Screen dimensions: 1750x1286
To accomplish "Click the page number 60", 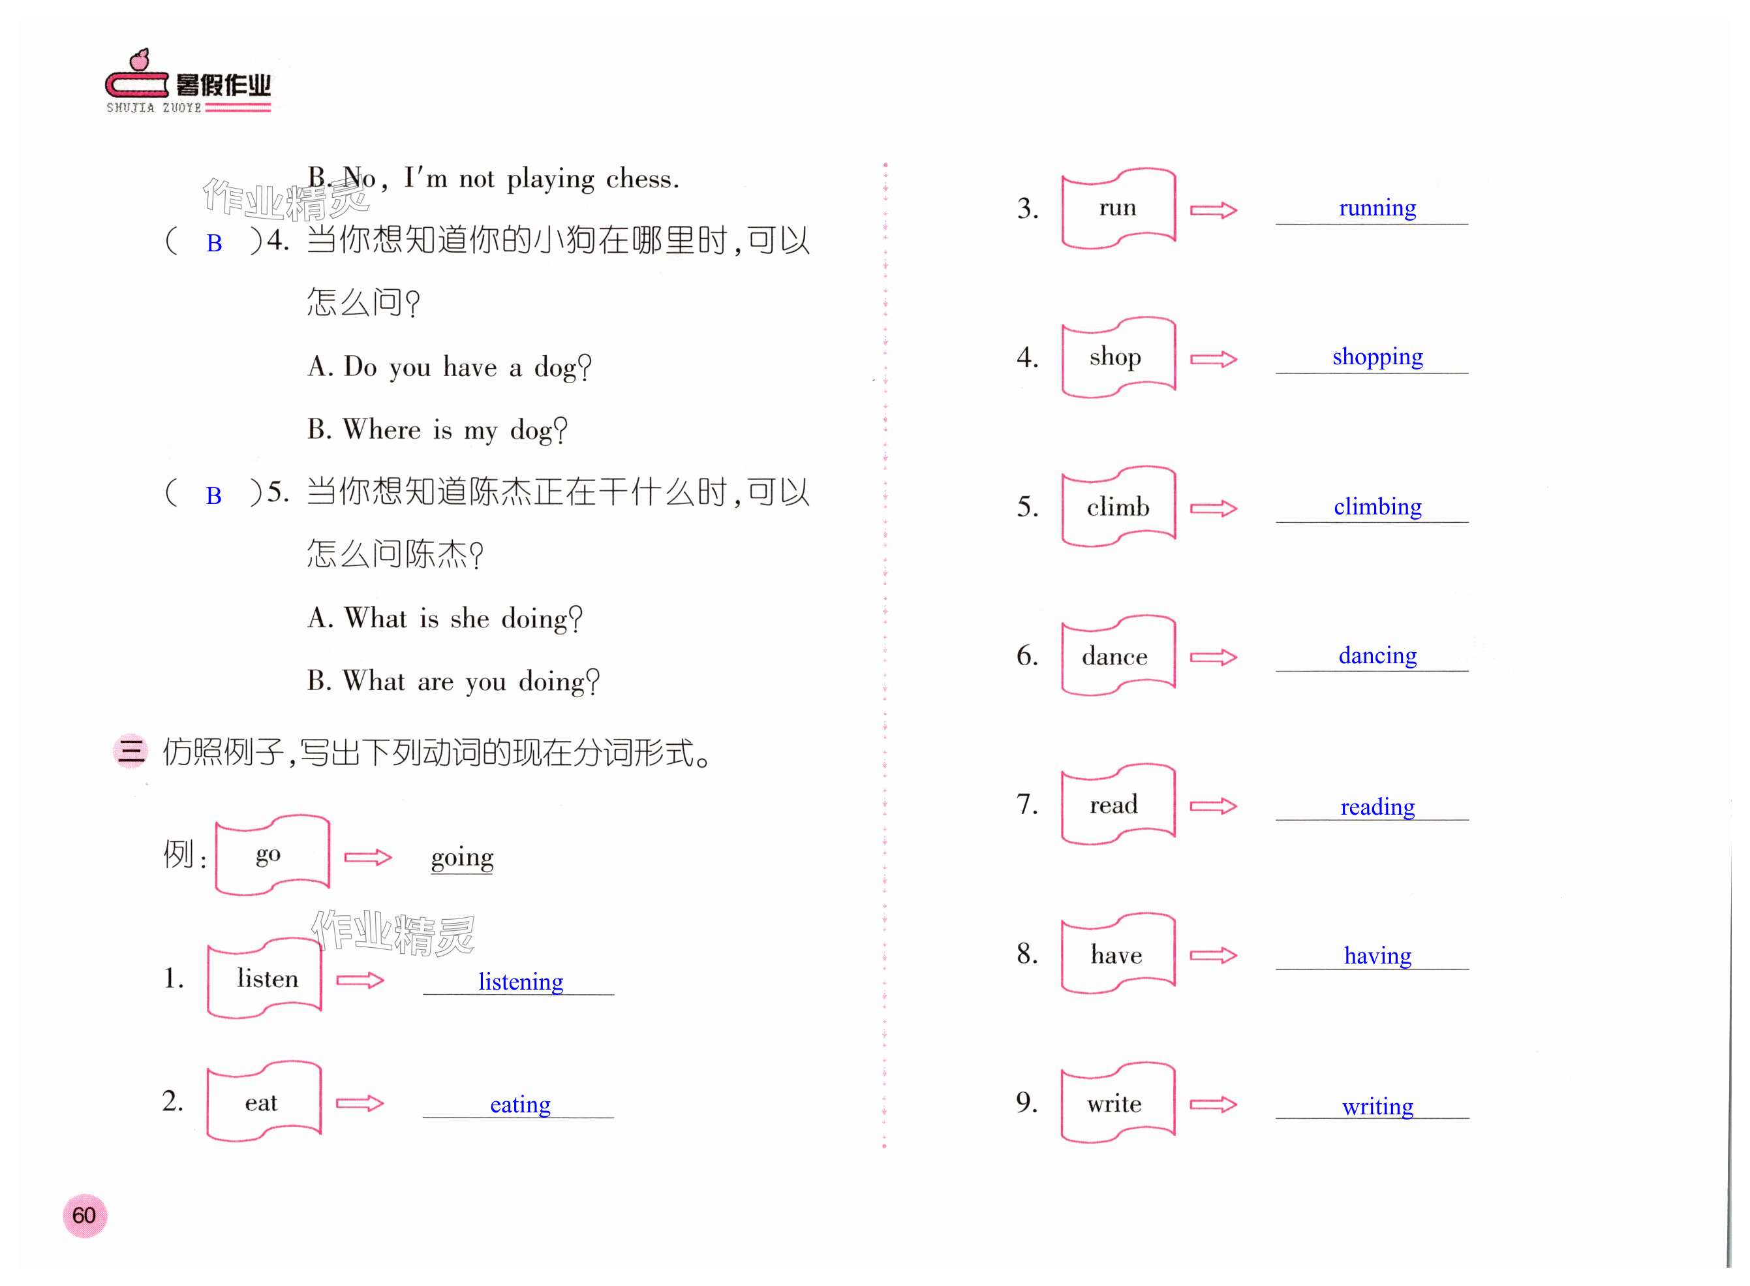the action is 84,1215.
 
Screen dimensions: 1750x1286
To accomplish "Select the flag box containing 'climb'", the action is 1117,507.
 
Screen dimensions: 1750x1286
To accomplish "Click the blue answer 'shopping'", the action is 1377,356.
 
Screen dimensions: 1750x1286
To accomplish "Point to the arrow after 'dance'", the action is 1213,657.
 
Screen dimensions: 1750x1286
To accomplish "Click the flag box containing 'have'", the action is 1117,954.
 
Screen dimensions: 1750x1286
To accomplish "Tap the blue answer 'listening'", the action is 520,982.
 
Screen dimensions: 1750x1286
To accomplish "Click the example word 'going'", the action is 462,857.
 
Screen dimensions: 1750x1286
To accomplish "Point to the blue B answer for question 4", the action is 214,243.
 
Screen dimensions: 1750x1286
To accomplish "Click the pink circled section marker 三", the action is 130,751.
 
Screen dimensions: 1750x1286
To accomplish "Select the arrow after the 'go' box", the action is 367,857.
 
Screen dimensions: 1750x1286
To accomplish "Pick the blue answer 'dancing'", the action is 1377,655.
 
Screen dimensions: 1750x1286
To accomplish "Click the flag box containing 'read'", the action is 1117,805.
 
